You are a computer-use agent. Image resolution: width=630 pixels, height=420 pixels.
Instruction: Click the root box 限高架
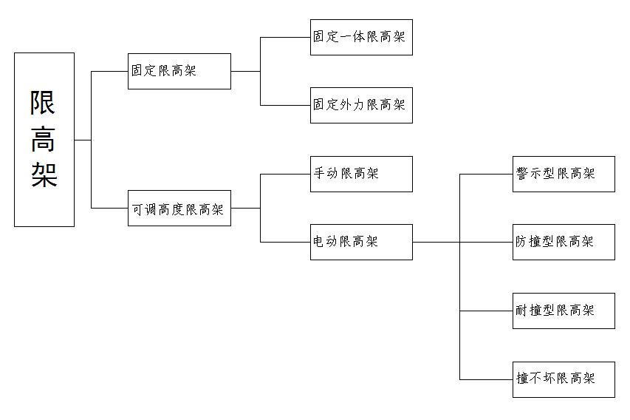pos(44,139)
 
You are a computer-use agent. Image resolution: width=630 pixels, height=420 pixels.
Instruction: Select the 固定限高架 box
pos(179,71)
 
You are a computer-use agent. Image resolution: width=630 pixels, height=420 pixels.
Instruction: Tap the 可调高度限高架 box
pos(179,209)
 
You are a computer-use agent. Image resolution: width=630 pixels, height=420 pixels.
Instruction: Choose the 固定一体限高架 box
pos(361,37)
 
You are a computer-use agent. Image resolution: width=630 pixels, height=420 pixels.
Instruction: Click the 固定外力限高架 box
pos(361,105)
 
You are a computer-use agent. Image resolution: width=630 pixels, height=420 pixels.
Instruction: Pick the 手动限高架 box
pos(361,174)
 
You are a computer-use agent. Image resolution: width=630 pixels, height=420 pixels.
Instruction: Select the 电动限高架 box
pos(361,242)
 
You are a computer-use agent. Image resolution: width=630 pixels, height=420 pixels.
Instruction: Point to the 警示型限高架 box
pos(564,174)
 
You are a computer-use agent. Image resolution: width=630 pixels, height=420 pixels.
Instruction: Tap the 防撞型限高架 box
pos(564,242)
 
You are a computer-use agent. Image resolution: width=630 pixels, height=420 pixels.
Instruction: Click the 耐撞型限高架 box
pos(564,311)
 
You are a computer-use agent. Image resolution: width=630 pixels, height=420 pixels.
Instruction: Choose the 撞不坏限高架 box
pos(564,379)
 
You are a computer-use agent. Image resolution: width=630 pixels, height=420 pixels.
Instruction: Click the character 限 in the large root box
pos(44,103)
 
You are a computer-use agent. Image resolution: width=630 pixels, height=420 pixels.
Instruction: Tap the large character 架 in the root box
pos(44,175)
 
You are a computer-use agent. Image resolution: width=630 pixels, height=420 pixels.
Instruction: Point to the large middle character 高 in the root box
pos(44,139)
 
